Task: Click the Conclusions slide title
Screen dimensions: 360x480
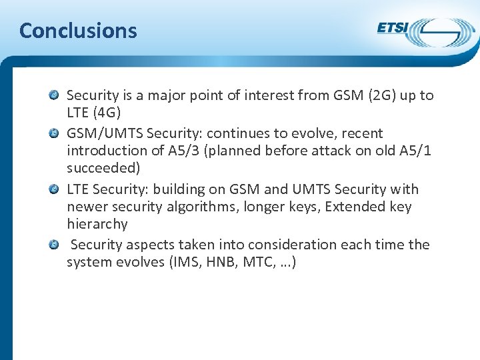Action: (x=78, y=31)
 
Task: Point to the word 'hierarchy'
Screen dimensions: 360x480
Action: (x=97, y=225)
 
